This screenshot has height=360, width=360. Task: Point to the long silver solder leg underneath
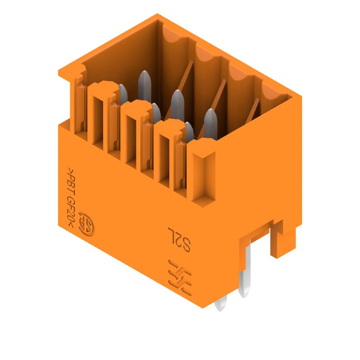(x=245, y=270)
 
